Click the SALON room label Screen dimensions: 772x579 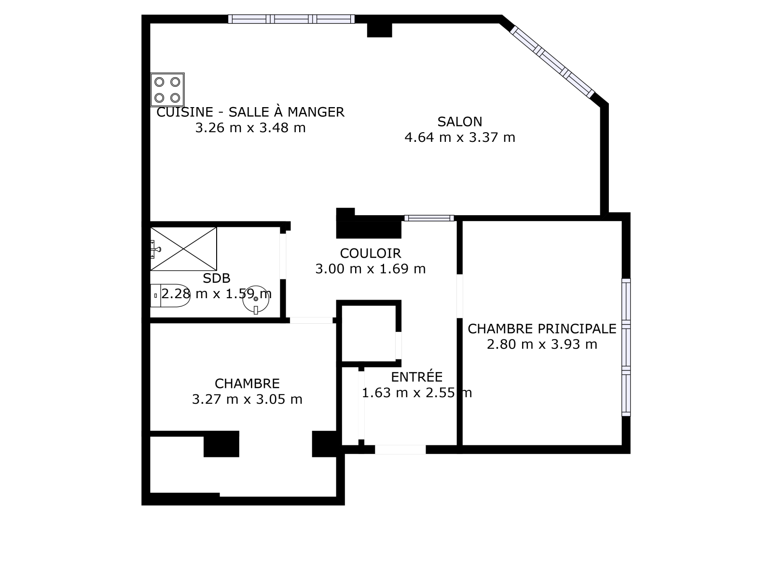click(459, 122)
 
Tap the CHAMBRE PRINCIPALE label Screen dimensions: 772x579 click(542, 329)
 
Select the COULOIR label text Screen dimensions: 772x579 click(371, 253)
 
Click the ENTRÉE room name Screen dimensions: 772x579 click(416, 377)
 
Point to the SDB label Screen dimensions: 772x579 click(216, 278)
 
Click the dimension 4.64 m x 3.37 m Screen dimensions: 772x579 click(459, 137)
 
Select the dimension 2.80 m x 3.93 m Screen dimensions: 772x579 click(542, 344)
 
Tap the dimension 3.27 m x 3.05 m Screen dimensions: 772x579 click(247, 400)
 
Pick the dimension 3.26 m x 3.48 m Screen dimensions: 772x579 click(250, 127)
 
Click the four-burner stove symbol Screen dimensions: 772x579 click(167, 90)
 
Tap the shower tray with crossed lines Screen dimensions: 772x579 click(184, 249)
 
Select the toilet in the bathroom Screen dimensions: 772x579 click(170, 296)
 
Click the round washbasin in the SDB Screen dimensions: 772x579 click(256, 300)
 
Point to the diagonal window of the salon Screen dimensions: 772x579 click(552, 62)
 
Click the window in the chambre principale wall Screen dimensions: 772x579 click(626, 347)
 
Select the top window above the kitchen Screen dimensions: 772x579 click(291, 19)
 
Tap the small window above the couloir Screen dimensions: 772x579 click(429, 218)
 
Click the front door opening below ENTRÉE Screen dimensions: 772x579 click(400, 449)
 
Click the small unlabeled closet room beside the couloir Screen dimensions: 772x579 click(369, 333)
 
